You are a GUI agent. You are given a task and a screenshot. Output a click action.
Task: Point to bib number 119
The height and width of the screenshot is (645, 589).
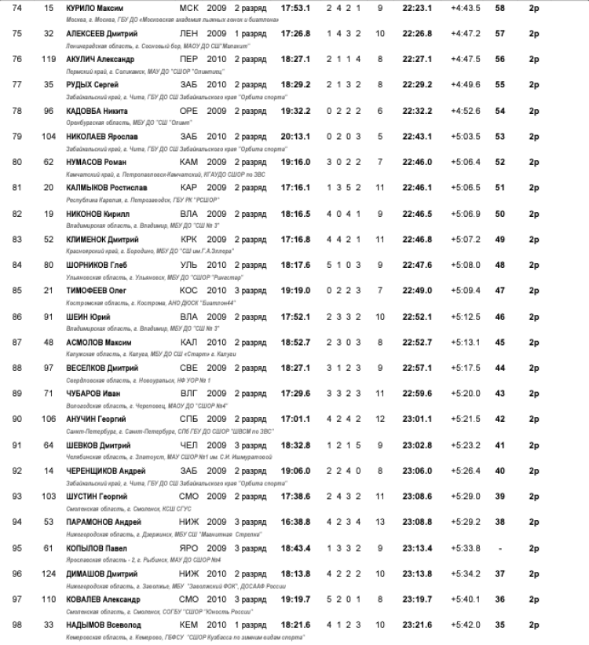49,58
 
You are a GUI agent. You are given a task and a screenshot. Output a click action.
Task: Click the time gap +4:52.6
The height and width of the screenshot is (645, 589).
466,111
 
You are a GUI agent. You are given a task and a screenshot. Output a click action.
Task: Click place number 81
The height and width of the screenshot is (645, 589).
16,188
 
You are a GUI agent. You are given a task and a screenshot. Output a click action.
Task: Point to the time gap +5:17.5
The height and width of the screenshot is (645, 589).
466,368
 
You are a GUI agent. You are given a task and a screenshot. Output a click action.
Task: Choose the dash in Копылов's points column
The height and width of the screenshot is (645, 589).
499,548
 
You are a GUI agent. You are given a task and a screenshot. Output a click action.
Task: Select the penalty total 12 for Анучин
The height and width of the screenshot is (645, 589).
380,420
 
